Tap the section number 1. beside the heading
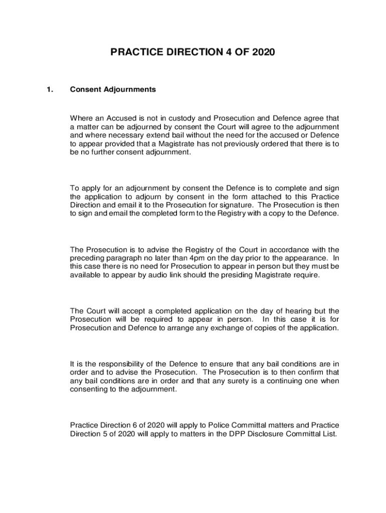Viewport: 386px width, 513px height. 49,90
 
